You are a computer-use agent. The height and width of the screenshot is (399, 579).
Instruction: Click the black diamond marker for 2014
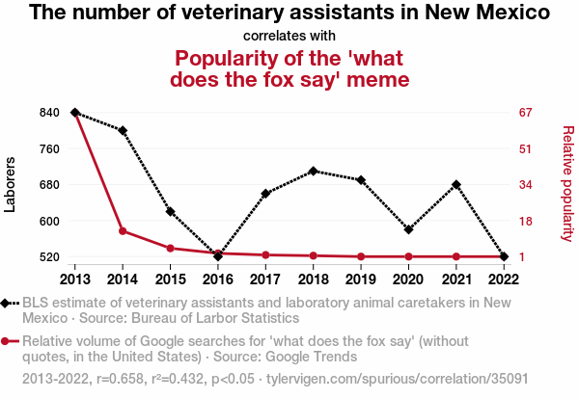123,130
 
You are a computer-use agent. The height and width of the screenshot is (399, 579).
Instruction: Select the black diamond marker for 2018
313,171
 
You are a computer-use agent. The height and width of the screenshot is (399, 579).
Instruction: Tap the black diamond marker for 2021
455,184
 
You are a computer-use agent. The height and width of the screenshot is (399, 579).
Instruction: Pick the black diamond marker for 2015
170,211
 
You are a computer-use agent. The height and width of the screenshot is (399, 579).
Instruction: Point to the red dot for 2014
123,231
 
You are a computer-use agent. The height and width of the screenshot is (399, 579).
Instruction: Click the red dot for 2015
170,248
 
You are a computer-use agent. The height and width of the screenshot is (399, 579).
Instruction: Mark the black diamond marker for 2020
408,229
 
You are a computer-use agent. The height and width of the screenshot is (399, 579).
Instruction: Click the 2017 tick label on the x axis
265,279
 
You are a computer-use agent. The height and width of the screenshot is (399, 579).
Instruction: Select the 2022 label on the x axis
503,279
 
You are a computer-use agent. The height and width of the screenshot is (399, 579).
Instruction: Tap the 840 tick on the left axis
48,113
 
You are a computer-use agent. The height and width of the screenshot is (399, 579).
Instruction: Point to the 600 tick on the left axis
48,221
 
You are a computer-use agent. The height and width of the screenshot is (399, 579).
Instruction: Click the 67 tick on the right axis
526,113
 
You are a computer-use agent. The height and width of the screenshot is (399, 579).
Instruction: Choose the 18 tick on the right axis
526,221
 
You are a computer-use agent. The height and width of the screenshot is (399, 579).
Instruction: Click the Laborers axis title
11,184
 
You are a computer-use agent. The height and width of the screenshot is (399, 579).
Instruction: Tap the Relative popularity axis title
567,183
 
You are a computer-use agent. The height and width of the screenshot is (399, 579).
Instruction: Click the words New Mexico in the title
483,13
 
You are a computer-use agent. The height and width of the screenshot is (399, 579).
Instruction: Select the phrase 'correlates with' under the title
289,36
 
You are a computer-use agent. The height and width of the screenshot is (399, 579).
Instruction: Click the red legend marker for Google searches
10,340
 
